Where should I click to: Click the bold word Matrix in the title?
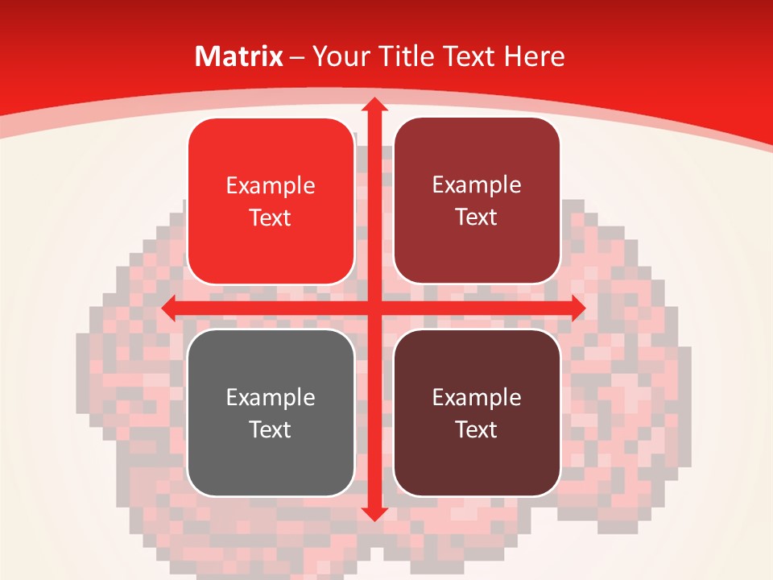click(239, 56)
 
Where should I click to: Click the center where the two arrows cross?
click(374, 308)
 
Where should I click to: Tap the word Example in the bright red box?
click(271, 186)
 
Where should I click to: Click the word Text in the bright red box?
click(271, 217)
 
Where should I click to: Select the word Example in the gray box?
click(271, 397)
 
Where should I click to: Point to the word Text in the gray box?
click(271, 429)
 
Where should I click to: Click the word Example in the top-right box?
click(477, 185)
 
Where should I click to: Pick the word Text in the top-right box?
click(477, 217)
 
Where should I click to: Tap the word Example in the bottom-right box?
click(477, 397)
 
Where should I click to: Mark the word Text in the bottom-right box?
click(477, 429)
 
